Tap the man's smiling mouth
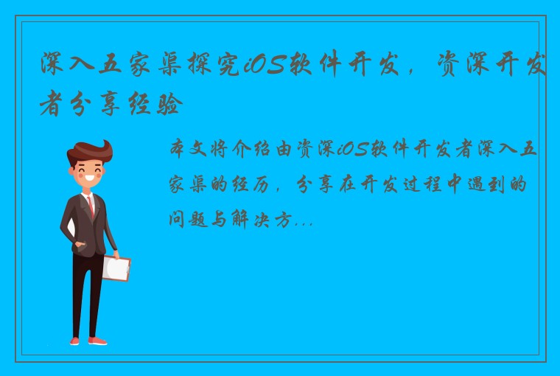click(x=91, y=178)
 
